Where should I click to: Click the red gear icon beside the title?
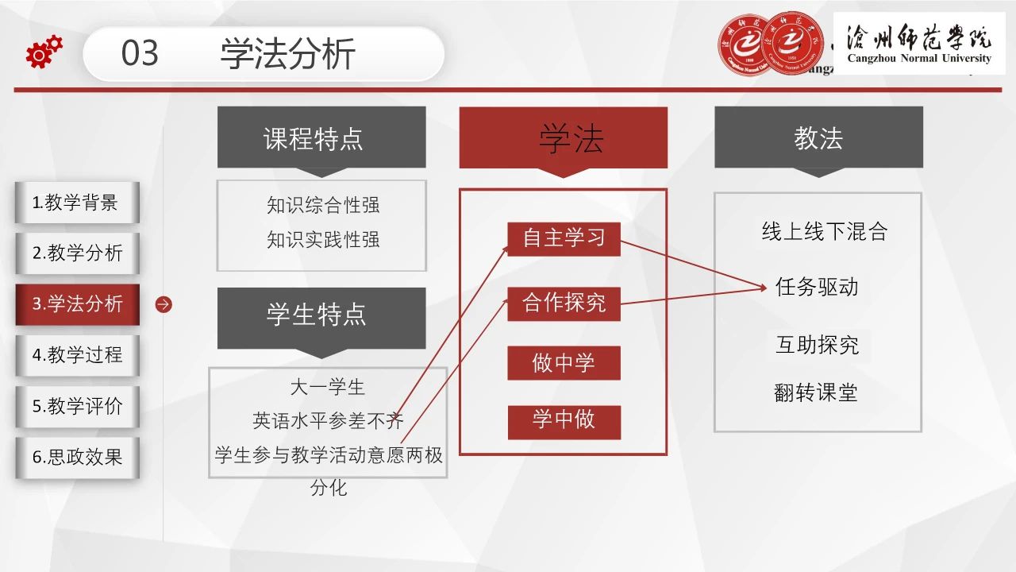pos(44,52)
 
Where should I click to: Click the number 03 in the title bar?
pos(140,53)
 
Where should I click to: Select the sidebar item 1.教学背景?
pos(77,203)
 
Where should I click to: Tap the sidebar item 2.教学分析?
pos(77,253)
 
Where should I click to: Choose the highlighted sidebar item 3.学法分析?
pos(77,304)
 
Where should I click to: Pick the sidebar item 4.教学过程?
pos(77,355)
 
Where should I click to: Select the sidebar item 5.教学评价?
pos(77,406)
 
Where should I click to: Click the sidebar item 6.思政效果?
pos(77,457)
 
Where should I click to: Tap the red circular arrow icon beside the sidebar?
pos(164,304)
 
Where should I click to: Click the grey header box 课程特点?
pos(321,137)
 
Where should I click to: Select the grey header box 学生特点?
pos(321,319)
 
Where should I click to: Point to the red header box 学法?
pos(564,138)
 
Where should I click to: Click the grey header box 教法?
pos(818,137)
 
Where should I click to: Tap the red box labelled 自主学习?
pos(564,239)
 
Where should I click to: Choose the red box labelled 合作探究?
pos(564,303)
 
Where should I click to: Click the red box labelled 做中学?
pos(564,363)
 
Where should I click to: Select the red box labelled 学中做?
pos(564,422)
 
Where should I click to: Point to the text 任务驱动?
pos(817,287)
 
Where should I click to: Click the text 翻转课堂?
pos(816,392)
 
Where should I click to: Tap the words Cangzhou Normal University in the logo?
pos(919,58)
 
